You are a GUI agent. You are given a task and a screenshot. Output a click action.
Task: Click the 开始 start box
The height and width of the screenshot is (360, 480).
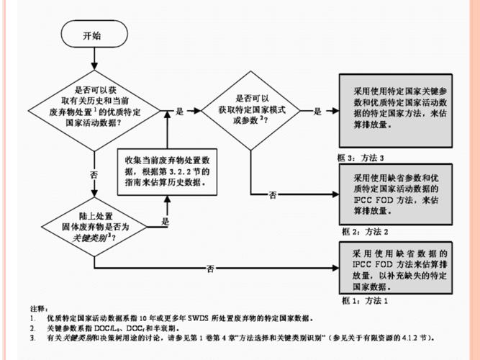click(x=92, y=35)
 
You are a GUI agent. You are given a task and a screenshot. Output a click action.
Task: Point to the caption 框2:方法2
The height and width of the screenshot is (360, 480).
click(x=365, y=231)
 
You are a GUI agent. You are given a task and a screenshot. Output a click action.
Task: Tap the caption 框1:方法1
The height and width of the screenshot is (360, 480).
click(x=364, y=298)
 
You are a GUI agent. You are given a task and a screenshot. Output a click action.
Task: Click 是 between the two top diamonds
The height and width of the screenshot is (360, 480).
click(x=179, y=112)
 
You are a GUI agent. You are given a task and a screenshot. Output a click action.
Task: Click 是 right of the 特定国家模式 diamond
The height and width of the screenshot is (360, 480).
click(x=317, y=112)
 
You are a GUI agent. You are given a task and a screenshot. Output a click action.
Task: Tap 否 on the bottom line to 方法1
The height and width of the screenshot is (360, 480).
click(x=210, y=268)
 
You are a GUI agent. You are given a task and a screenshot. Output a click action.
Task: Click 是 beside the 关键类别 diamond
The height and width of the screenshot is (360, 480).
click(x=165, y=222)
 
